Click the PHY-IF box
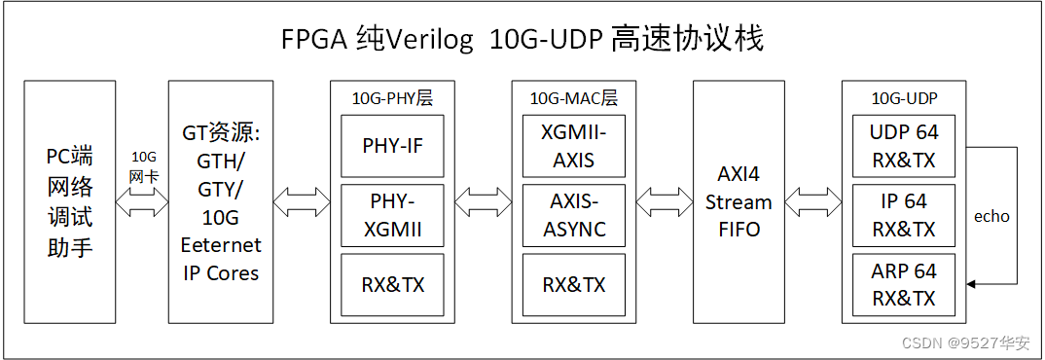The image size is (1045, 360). [x=393, y=146]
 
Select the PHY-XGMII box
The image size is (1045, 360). [x=393, y=215]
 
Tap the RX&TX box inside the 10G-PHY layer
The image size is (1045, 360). [x=393, y=285]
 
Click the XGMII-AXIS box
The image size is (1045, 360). [x=573, y=146]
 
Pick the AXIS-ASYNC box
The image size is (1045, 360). [x=573, y=215]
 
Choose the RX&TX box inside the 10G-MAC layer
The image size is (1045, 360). [x=573, y=285]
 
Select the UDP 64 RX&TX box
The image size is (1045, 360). [x=903, y=146]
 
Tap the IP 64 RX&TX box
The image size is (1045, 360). [x=903, y=215]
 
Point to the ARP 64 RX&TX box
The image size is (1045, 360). [x=903, y=285]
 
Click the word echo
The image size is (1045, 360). [x=991, y=216]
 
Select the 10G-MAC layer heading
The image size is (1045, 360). [x=573, y=98]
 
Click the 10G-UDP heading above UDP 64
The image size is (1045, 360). [x=904, y=98]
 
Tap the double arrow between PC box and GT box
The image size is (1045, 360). [x=143, y=203]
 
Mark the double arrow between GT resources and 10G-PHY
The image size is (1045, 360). [x=302, y=203]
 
